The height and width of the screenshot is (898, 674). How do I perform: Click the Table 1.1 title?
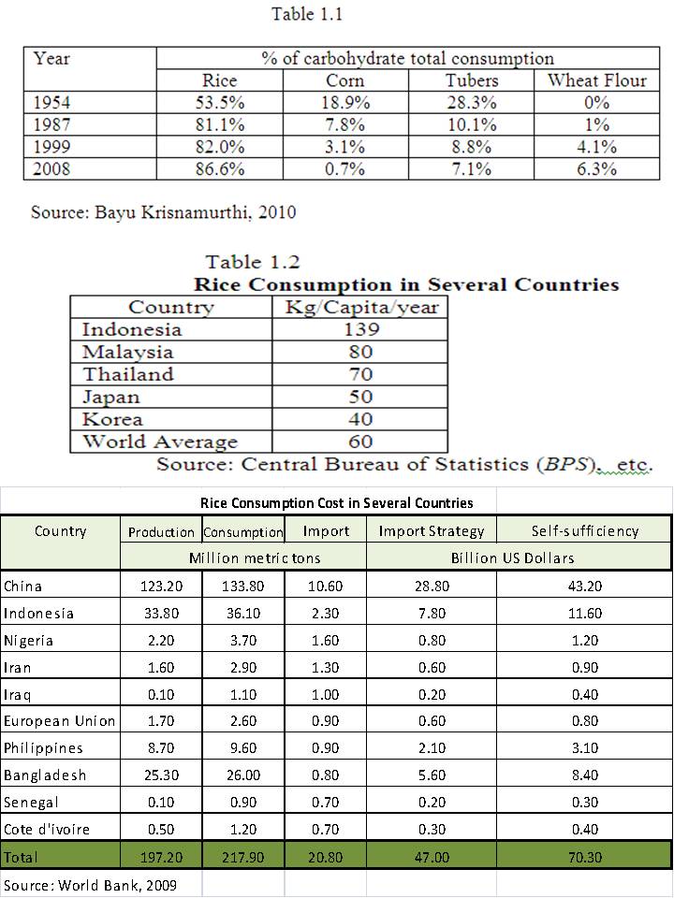point(307,14)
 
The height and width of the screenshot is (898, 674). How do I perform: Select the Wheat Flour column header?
point(596,80)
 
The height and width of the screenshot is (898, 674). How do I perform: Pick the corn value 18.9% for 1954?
point(345,103)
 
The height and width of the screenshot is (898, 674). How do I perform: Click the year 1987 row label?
point(51,124)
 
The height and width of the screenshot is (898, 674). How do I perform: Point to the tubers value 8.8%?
point(471,147)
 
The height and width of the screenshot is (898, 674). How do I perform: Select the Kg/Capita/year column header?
point(361,307)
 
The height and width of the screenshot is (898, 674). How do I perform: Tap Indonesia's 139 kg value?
point(361,329)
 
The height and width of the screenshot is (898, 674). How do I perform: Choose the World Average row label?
point(160,442)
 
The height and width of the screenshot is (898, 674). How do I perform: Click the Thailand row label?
point(128,374)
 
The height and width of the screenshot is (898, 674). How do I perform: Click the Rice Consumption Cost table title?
point(337,503)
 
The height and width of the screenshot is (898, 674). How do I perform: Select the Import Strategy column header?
point(431,531)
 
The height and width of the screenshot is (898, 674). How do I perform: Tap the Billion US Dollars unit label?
point(512,558)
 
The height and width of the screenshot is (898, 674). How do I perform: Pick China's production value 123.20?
point(161,586)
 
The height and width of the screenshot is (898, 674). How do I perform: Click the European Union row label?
point(60,721)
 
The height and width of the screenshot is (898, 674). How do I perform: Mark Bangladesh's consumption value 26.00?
point(243,775)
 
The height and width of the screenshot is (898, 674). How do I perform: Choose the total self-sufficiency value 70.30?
point(584,858)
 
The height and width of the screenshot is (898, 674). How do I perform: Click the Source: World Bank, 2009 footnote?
point(91,886)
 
